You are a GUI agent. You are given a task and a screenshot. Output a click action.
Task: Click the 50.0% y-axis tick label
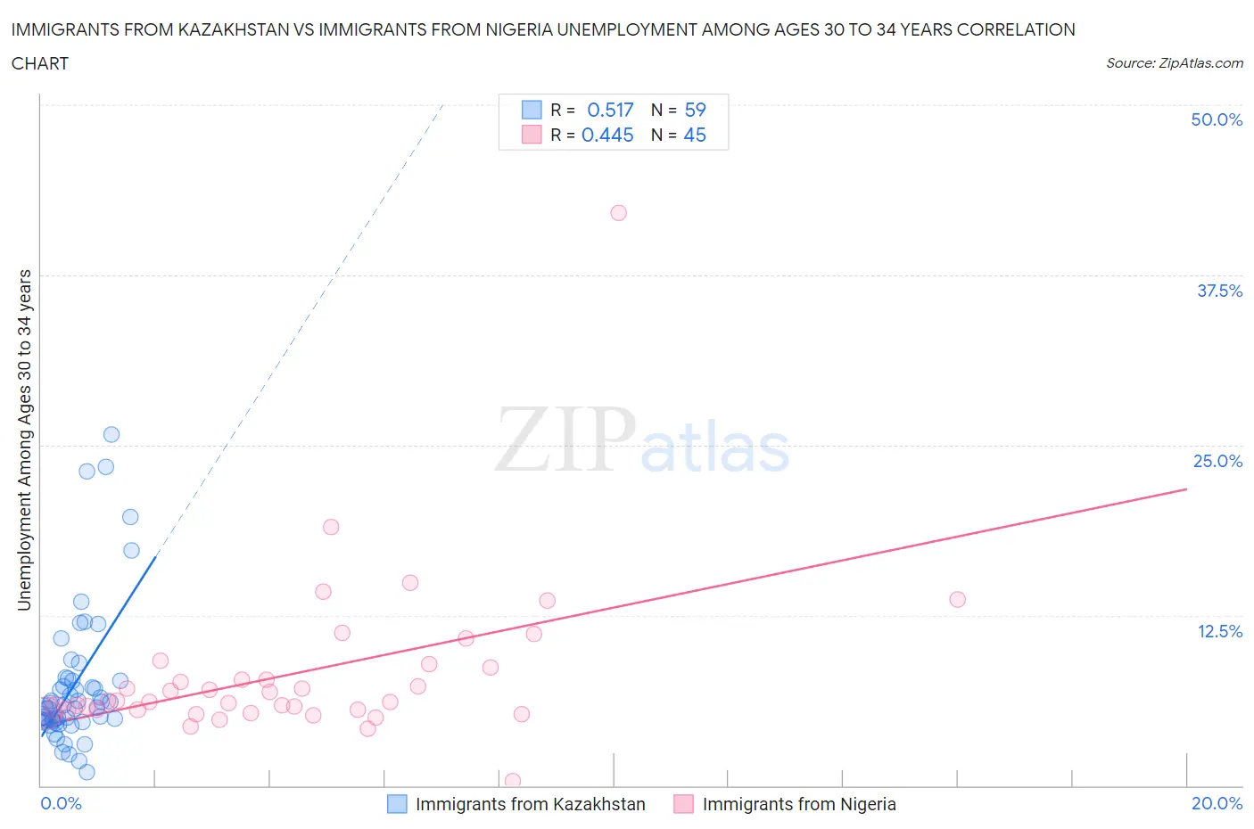click(1217, 119)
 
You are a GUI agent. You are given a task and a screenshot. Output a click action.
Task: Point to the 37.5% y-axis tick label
click(1219, 291)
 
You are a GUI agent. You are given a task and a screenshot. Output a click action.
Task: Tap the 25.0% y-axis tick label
click(1217, 461)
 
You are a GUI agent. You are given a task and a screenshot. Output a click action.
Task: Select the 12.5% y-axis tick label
click(1219, 631)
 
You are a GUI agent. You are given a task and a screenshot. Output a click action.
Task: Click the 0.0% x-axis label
click(61, 803)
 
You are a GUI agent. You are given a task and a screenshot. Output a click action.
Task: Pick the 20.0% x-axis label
click(1217, 803)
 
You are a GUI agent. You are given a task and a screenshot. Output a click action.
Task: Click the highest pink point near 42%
click(618, 213)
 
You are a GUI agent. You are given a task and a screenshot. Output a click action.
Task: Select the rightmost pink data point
click(957, 599)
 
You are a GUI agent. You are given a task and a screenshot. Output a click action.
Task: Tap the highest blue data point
click(111, 435)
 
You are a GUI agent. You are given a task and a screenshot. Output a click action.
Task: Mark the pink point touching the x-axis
click(513, 781)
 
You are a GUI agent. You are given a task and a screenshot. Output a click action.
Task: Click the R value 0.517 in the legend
click(610, 110)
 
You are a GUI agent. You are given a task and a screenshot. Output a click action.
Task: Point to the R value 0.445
click(607, 135)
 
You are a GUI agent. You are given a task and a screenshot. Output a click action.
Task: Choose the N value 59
click(695, 110)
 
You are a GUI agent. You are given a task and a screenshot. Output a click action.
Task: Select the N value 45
click(695, 135)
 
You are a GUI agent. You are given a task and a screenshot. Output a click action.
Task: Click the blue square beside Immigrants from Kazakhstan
click(397, 804)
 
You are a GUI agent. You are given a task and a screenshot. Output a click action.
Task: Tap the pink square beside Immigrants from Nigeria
click(683, 804)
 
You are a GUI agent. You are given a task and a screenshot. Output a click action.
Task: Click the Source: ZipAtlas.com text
click(1174, 63)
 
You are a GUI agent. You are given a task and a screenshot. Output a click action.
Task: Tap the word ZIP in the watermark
click(565, 439)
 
